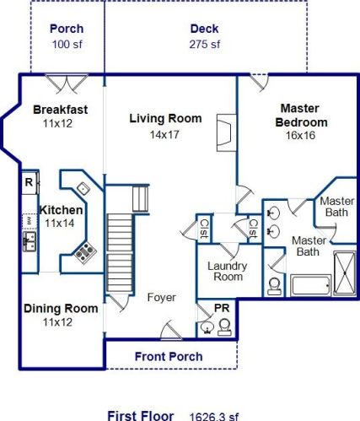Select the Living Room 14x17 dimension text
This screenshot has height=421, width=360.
pyautogui.click(x=164, y=135)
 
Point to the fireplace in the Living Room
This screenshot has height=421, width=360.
pyautogui.click(x=226, y=132)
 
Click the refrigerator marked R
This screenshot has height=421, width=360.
pyautogui.click(x=30, y=182)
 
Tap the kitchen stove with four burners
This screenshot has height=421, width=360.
pyautogui.click(x=85, y=252)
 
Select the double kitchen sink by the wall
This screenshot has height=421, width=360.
pyautogui.click(x=30, y=241)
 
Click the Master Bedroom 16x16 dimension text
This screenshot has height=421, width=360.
pyautogui.click(x=300, y=135)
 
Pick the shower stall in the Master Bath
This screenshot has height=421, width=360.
pyautogui.click(x=345, y=273)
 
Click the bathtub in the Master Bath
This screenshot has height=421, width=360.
pyautogui.click(x=310, y=285)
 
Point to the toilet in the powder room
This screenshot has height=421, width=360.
pyautogui.click(x=224, y=327)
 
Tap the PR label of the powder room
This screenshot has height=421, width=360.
pyautogui.click(x=222, y=308)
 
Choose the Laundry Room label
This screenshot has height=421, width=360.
pyautogui.click(x=228, y=271)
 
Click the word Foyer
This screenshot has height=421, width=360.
pyautogui.click(x=162, y=297)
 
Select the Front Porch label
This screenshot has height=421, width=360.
pyautogui.click(x=169, y=356)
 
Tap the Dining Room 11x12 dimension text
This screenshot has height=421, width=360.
pyautogui.click(x=57, y=322)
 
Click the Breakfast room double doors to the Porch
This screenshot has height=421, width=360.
pyautogui.click(x=67, y=84)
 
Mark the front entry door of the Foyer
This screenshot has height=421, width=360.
pyautogui.click(x=171, y=330)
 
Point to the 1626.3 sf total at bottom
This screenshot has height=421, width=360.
pyautogui.click(x=214, y=416)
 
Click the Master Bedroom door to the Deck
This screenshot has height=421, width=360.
pyautogui.click(x=259, y=83)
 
